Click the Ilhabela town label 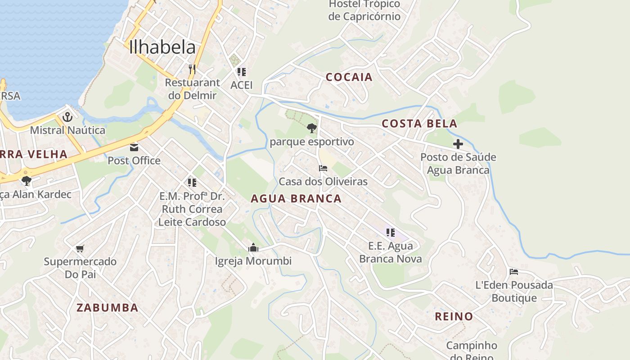tap(162, 47)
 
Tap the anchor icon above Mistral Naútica tap(67, 117)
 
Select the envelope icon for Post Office tap(134, 148)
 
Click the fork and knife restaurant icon tap(192, 69)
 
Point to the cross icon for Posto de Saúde tap(458, 144)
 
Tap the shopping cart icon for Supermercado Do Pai tap(80, 248)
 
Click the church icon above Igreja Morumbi tap(253, 247)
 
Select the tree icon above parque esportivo tap(311, 129)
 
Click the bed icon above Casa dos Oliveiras tap(323, 168)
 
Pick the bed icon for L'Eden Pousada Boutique tap(514, 271)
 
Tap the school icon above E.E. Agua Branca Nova tap(390, 233)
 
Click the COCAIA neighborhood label tap(349, 77)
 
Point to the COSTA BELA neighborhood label tap(419, 124)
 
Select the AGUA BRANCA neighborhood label tap(296, 198)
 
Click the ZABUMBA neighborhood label tap(107, 308)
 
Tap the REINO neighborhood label tap(454, 316)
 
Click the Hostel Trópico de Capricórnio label tap(364, 10)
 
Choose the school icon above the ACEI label tap(242, 72)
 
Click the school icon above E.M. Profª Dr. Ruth tap(192, 182)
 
